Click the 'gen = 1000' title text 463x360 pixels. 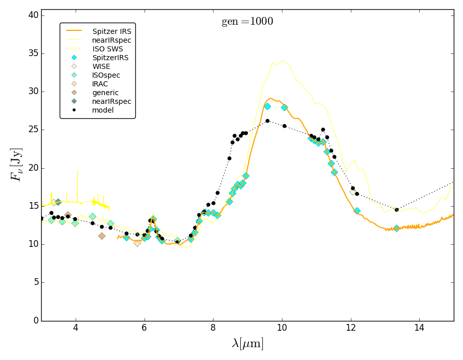click(247, 22)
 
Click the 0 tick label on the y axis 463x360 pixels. click(35, 320)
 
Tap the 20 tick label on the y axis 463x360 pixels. click(32, 168)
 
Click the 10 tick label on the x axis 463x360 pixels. click(282, 329)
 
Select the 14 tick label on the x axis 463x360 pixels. click(419, 329)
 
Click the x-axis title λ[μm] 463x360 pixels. click(247, 344)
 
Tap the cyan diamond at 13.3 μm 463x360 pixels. click(396, 228)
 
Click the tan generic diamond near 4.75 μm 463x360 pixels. click(102, 236)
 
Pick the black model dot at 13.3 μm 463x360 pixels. click(396, 210)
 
